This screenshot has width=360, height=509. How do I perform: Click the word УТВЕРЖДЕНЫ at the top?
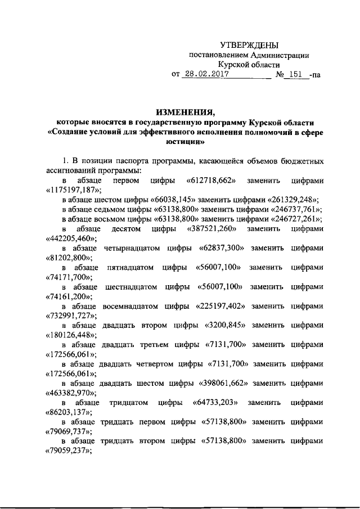click(x=249, y=44)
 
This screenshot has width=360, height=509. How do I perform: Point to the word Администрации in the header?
click(x=281, y=55)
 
